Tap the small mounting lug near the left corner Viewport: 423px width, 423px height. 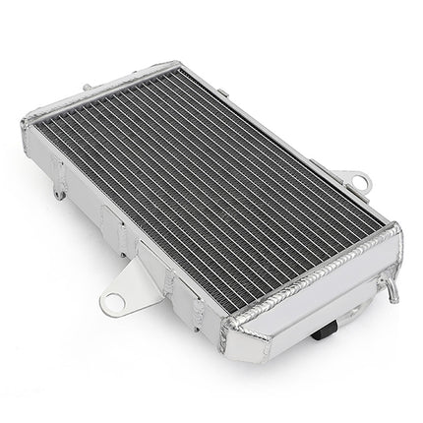tap(60, 193)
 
